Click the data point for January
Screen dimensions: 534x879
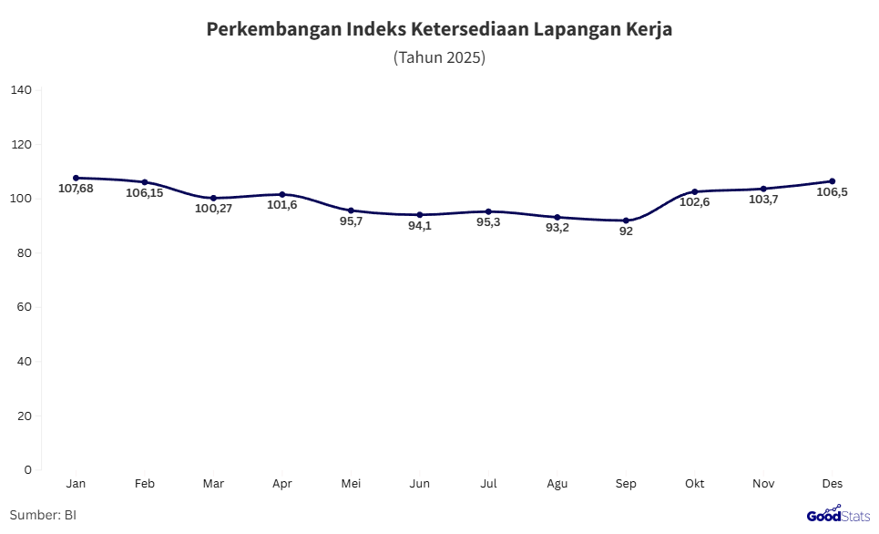click(77, 178)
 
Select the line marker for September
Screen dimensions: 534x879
click(626, 221)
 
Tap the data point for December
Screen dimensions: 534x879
click(832, 181)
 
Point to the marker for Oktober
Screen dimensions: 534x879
click(695, 191)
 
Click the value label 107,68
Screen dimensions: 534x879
click(77, 188)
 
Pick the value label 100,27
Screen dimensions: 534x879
click(214, 208)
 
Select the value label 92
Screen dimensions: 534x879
click(626, 231)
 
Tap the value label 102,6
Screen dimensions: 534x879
click(695, 202)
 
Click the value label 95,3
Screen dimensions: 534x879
click(489, 221)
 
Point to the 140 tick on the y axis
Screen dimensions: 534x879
click(22, 90)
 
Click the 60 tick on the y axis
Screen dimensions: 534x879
click(25, 307)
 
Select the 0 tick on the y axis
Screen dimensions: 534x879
click(28, 469)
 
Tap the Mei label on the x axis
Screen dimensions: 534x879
click(351, 483)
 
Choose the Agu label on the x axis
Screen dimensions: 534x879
click(557, 483)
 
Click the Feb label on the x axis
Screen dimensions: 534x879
click(145, 483)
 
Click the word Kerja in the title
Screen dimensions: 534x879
click(648, 29)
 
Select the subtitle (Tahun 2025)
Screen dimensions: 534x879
click(439, 57)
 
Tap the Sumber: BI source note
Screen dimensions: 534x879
click(43, 515)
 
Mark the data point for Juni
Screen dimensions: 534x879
click(420, 215)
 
